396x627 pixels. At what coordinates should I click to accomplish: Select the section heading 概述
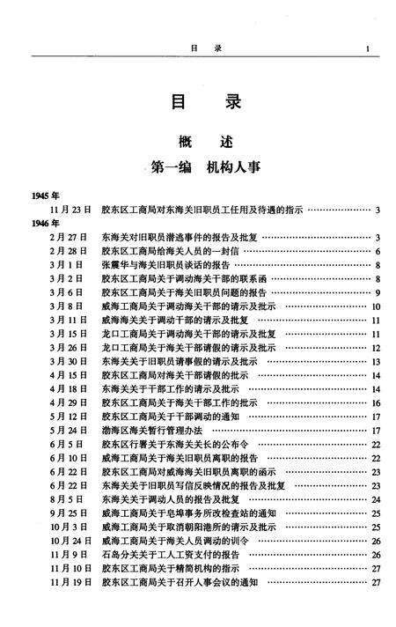point(197,140)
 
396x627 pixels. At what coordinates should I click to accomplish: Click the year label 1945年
point(44,195)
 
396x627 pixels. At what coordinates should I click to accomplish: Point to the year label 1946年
point(44,223)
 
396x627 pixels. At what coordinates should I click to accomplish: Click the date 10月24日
point(70,540)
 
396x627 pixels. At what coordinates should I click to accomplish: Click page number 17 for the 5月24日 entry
point(375,430)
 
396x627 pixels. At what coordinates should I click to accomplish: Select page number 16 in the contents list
point(375,402)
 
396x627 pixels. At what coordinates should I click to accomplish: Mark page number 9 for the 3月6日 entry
point(377,292)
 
